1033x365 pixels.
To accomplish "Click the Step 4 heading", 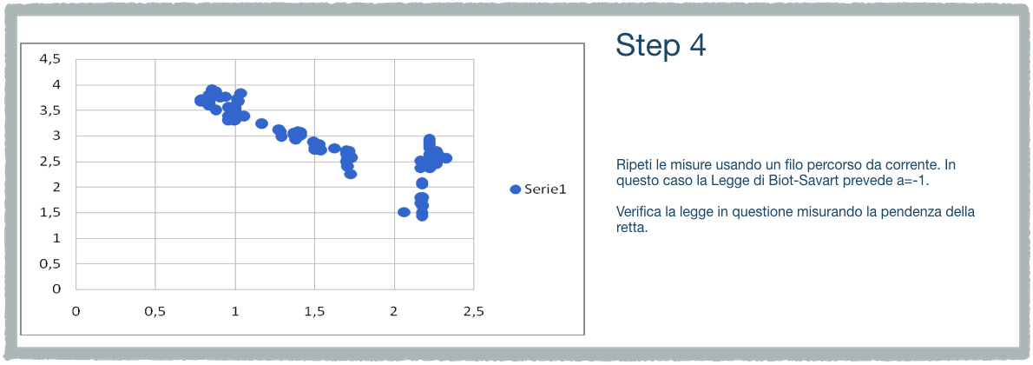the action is tap(661, 45).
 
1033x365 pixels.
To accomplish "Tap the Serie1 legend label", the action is tap(546, 189).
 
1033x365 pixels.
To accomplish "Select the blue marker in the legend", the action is tap(516, 189).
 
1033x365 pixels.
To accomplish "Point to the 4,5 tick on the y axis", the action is tap(49, 59).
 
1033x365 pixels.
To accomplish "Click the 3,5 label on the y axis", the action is tap(49, 110).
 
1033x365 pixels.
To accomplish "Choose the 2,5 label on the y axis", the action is tap(49, 161).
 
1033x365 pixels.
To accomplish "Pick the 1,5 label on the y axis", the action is tap(49, 213).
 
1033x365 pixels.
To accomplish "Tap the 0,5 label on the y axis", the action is tap(49, 263).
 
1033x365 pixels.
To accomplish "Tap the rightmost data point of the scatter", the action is tap(446, 158).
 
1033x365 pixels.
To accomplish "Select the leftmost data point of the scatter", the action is tap(201, 100).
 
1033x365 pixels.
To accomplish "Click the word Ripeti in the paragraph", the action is tap(632, 164).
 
